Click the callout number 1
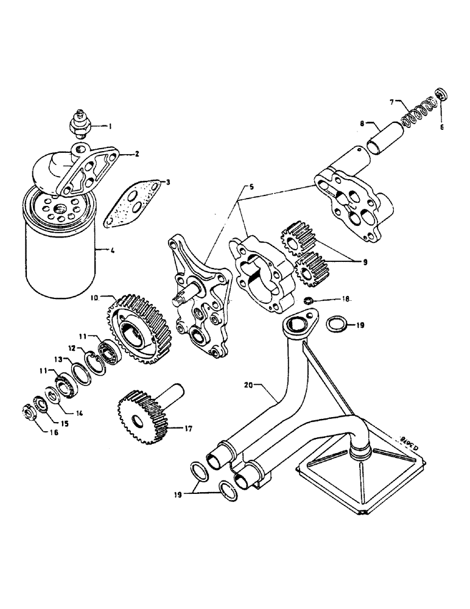110,127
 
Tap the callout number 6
442,127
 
